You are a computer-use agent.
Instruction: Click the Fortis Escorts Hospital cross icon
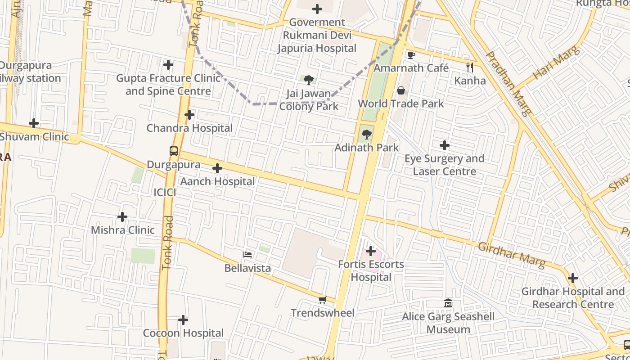point(371,251)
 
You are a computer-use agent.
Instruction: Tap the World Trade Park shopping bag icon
point(401,90)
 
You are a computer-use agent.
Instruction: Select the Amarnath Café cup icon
point(411,55)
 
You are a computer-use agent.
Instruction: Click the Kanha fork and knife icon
point(470,67)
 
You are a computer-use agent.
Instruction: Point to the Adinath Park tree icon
point(367,134)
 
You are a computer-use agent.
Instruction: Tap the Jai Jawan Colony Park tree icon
point(309,80)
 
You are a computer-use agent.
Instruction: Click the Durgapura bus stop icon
point(174,151)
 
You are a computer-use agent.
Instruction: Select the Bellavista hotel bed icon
point(247,255)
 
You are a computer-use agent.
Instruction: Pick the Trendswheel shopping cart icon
point(322,300)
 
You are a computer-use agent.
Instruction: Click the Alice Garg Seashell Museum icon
point(448,303)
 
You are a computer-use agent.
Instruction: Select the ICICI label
point(165,193)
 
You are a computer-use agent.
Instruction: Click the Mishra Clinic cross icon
point(122,217)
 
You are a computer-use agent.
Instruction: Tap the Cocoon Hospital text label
point(183,333)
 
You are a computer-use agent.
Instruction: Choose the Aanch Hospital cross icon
point(217,168)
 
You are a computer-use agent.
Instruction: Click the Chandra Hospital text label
point(189,128)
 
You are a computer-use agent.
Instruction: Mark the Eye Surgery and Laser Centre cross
point(445,145)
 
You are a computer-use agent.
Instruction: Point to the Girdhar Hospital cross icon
point(572,278)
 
